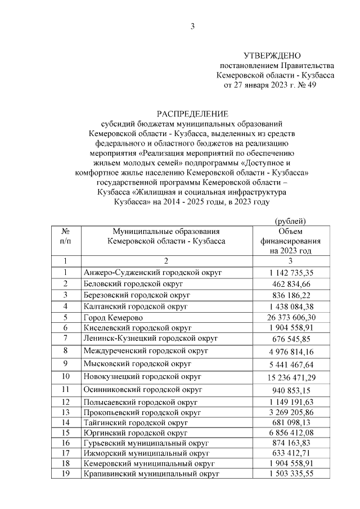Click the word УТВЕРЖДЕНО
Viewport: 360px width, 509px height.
point(272,56)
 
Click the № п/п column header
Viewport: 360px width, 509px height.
point(65,236)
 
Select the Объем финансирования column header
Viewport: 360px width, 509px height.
point(290,241)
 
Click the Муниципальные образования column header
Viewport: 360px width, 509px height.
point(166,236)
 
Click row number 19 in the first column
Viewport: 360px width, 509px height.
point(65,474)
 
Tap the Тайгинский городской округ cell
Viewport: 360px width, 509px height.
point(135,422)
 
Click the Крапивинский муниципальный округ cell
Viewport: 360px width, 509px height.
point(151,474)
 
